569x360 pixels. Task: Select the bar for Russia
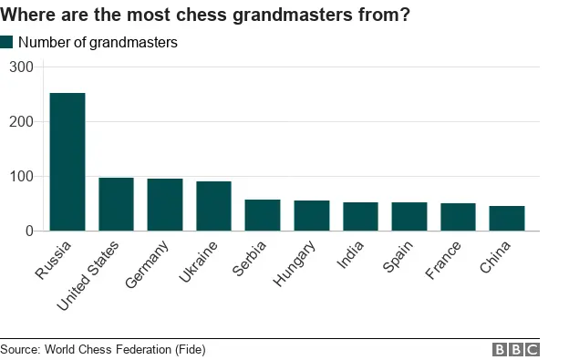67,162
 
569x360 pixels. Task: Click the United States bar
116,204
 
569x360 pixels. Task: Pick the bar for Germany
165,205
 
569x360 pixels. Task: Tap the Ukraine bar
214,206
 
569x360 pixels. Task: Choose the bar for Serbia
263,215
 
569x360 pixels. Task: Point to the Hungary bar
312,216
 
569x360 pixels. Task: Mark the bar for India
360,217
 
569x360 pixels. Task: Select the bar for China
507,219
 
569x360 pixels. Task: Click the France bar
458,217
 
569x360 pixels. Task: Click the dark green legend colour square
6,42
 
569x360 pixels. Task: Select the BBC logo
516,349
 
